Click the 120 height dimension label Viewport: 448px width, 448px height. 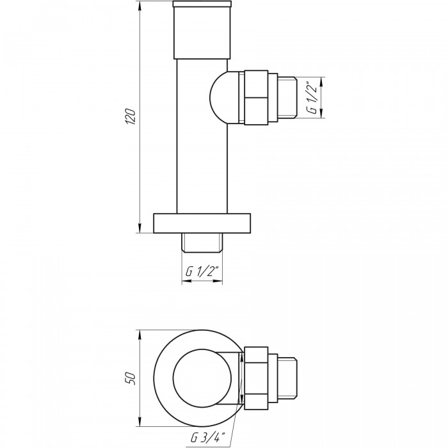coord(131,116)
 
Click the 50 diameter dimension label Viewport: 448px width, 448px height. coord(131,378)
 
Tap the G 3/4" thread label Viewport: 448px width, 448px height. coord(208,437)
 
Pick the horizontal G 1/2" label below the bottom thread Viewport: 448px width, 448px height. coord(202,271)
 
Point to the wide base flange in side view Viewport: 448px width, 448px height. coord(202,223)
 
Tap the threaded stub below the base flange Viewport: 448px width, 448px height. coord(202,243)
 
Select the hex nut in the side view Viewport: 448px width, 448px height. coord(256,97)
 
